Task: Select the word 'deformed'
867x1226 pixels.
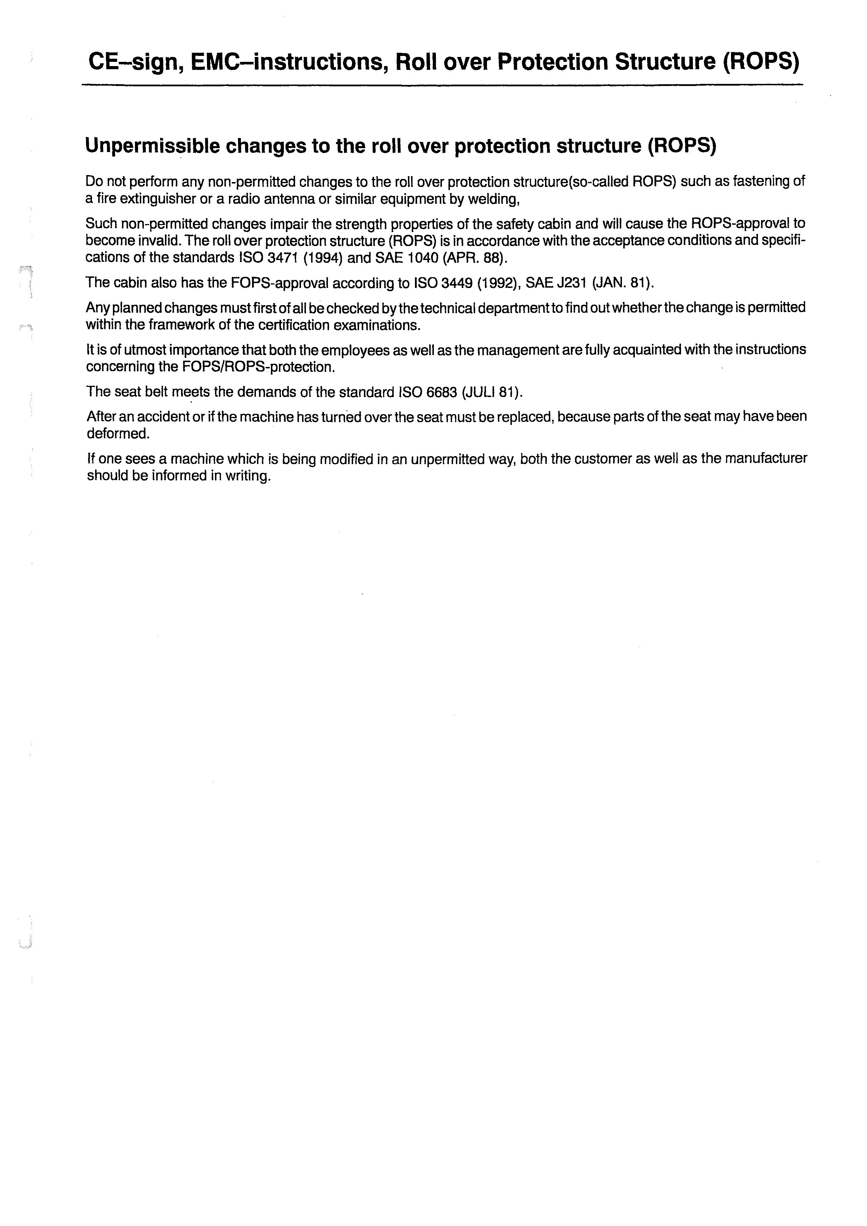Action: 117,434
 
